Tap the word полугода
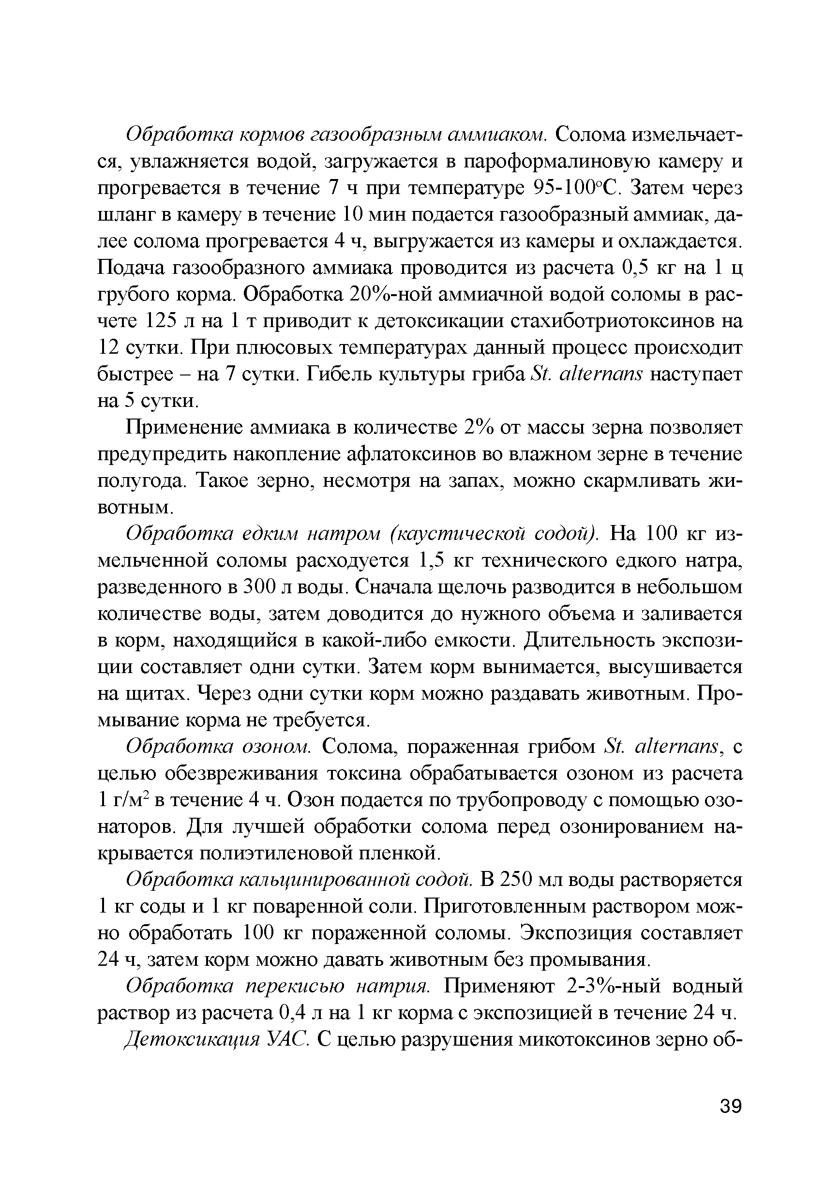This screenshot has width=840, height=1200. (142, 481)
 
